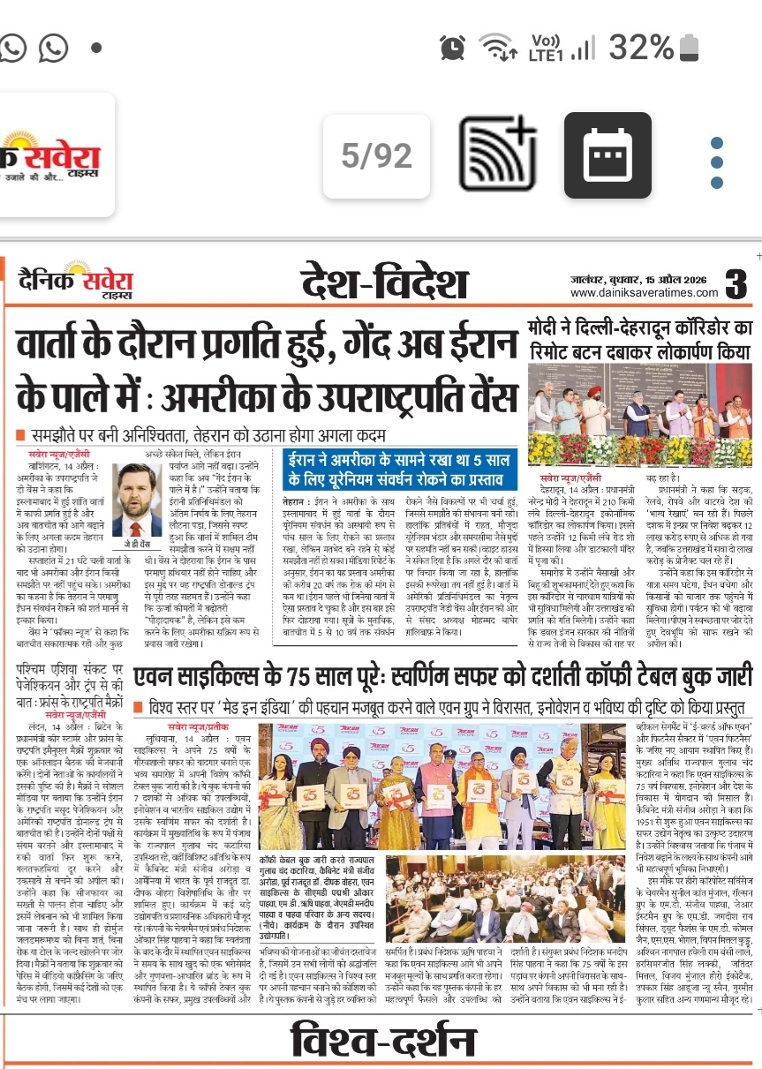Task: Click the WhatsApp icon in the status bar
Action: (54, 45)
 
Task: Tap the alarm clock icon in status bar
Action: (453, 45)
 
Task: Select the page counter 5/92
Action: (377, 156)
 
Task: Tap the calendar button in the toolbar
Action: (607, 156)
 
